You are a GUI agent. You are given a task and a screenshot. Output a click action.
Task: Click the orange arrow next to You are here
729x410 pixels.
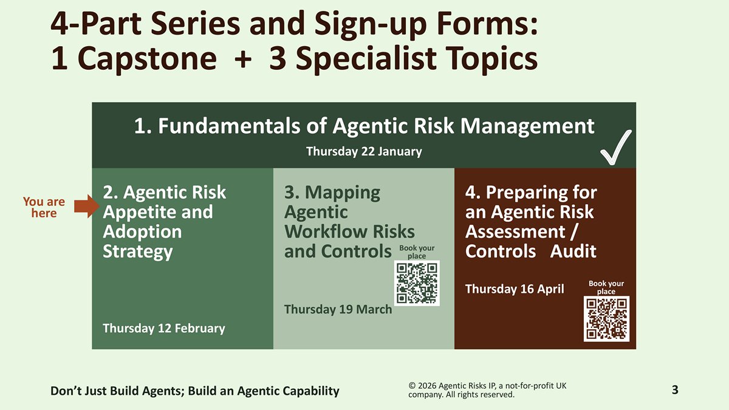point(86,207)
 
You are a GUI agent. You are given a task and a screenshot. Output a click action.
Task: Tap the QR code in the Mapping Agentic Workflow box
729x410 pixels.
point(417,283)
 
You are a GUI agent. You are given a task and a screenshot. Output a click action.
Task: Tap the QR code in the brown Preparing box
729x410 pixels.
point(606,319)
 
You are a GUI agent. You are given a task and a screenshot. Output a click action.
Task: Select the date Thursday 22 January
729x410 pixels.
point(364,151)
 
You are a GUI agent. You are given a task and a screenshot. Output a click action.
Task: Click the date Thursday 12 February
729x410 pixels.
point(163,329)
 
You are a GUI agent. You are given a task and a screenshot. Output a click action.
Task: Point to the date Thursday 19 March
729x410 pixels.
point(338,309)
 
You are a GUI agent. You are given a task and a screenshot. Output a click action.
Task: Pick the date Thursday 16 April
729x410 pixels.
point(515,289)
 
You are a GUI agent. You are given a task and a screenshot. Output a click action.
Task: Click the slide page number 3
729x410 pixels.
point(675,390)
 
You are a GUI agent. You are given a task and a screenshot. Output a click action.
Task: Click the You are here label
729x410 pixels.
point(44,207)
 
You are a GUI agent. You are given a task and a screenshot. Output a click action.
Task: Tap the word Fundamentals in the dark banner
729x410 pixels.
point(229,126)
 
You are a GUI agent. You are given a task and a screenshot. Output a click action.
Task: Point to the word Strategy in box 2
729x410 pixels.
point(138,252)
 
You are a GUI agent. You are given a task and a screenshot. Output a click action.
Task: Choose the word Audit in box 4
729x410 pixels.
point(573,251)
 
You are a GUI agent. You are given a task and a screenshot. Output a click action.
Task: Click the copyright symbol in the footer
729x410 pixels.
point(412,386)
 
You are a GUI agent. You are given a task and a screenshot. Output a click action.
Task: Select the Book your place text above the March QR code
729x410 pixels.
point(417,252)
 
